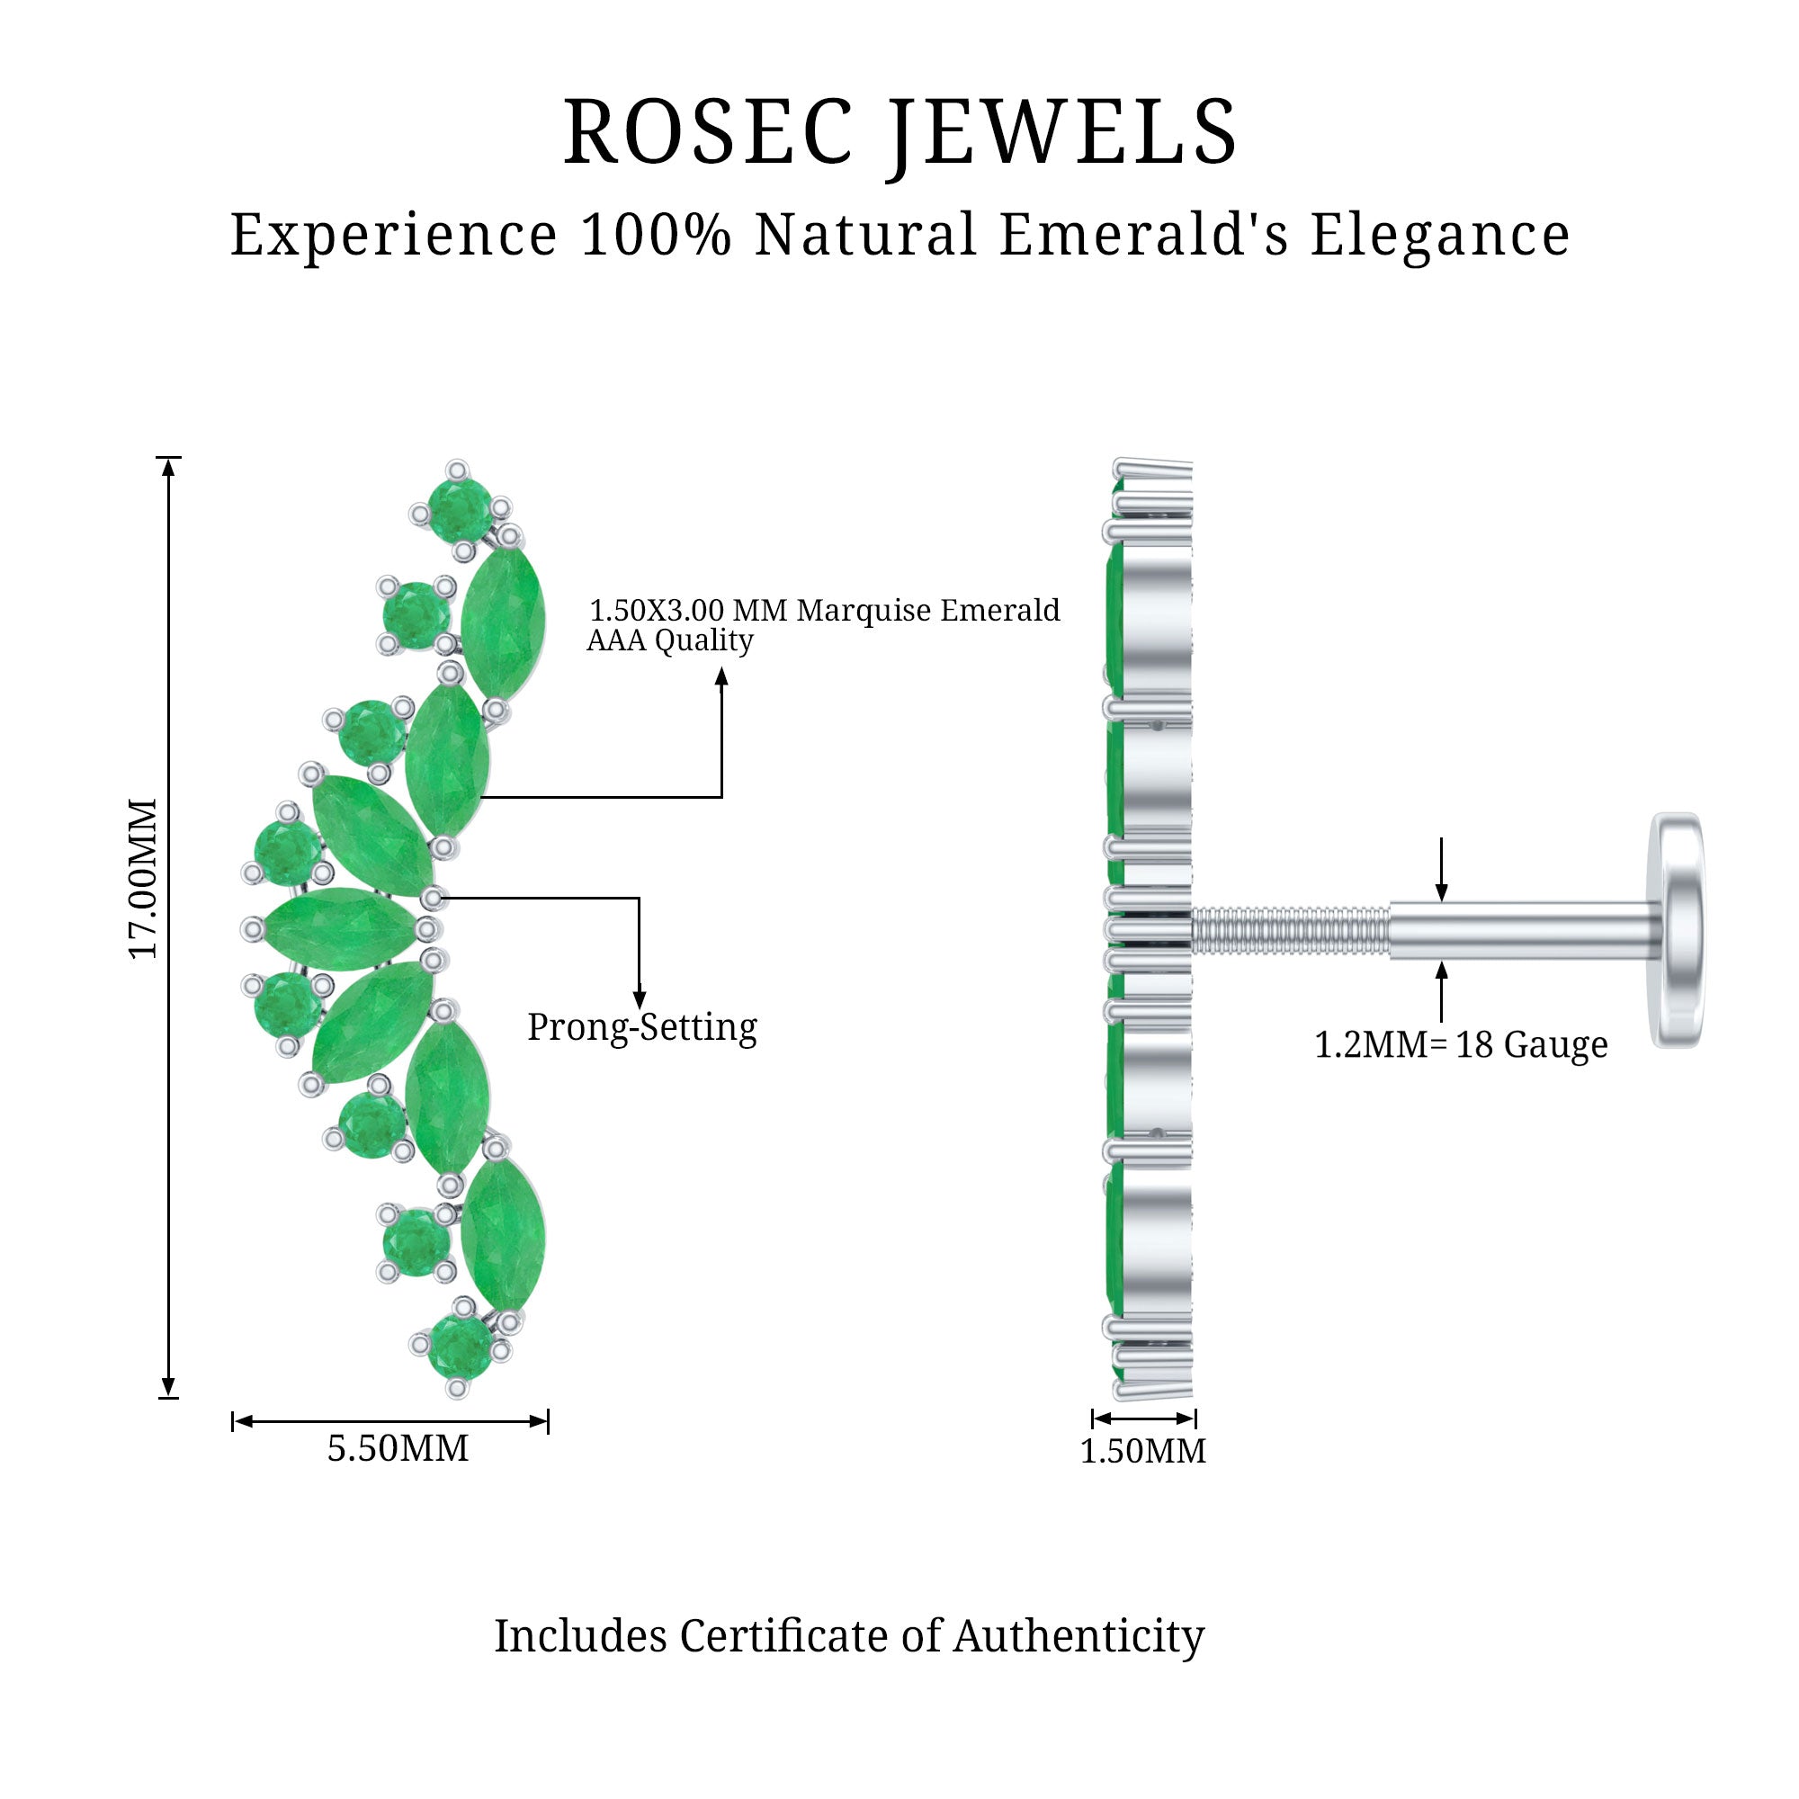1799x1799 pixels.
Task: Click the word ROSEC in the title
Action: coord(708,132)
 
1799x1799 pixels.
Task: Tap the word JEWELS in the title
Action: coord(1062,132)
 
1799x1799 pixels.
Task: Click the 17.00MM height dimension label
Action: coord(144,878)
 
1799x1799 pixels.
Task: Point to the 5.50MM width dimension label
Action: coord(398,1448)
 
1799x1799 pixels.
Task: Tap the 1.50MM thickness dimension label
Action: coord(1142,1451)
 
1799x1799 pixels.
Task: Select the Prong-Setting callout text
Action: coord(642,1027)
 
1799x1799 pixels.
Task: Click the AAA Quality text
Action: coord(669,640)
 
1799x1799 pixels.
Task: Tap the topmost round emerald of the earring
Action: coord(460,509)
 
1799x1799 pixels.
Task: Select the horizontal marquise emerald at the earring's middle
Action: coord(340,928)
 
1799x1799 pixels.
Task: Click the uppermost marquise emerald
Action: coord(503,623)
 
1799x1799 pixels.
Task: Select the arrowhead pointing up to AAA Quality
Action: coord(721,677)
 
